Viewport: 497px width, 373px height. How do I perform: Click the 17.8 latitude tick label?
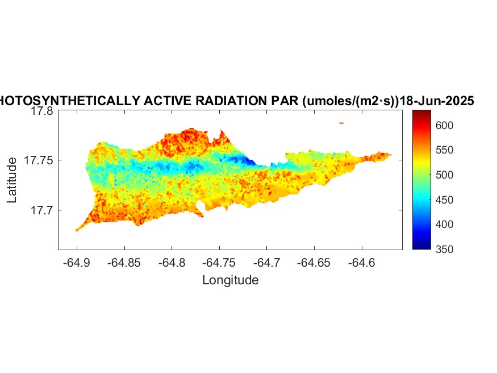[42, 111]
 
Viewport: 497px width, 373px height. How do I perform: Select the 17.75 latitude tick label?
[39, 161]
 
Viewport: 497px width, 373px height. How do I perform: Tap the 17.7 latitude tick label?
[42, 210]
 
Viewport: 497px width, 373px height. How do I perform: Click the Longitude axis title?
[230, 280]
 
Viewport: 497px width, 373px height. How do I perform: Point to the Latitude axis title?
[12, 180]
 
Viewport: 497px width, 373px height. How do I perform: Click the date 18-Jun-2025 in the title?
[437, 101]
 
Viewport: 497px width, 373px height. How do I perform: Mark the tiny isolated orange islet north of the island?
[341, 122]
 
